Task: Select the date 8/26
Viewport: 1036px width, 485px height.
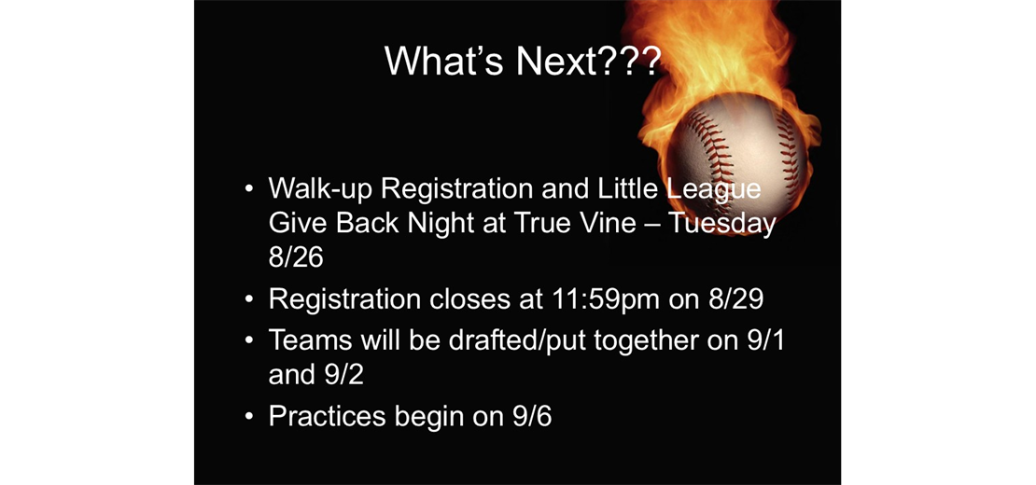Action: [x=295, y=257]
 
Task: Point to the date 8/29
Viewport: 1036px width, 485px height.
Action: [x=736, y=298]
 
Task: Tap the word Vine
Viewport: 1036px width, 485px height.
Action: [x=613, y=223]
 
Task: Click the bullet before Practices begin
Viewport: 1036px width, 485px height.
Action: [x=248, y=417]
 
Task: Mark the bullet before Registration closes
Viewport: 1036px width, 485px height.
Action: [x=248, y=299]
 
